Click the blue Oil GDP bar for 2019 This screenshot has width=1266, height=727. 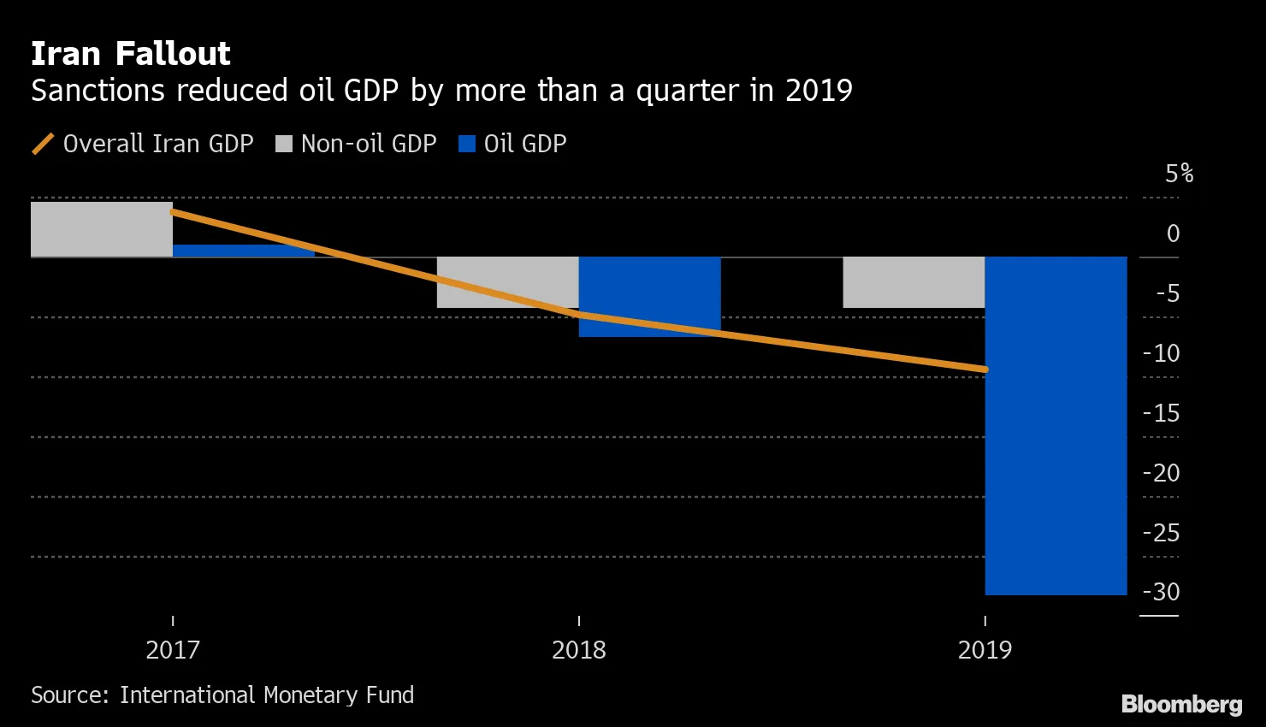[1056, 426]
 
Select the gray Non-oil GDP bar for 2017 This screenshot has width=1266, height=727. [102, 229]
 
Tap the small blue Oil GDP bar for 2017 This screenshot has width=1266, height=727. [244, 251]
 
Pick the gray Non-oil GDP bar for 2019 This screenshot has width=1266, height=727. [914, 282]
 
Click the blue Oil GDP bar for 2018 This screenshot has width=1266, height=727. [650, 297]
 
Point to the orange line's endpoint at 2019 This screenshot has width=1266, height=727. [985, 369]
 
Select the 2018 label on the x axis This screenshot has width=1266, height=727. [579, 650]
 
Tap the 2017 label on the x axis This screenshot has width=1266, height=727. [173, 650]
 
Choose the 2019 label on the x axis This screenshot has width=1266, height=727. [985, 650]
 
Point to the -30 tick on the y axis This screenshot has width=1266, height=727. [1162, 592]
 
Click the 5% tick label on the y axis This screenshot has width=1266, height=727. [1180, 174]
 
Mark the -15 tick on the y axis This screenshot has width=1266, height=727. [1162, 413]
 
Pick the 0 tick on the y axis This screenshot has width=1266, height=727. [1174, 233]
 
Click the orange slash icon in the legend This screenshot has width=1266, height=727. [43, 144]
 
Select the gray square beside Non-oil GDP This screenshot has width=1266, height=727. [284, 144]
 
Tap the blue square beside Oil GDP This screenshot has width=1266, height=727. [467, 144]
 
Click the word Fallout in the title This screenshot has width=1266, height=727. [173, 54]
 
